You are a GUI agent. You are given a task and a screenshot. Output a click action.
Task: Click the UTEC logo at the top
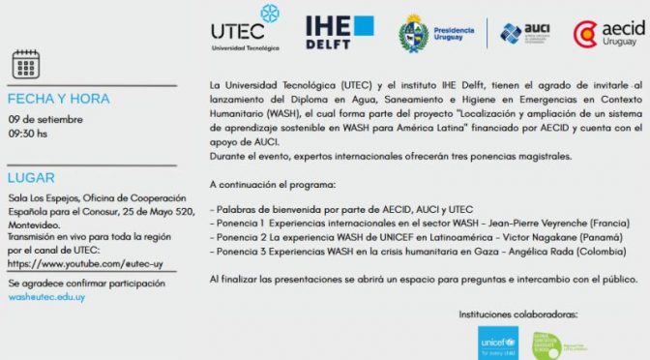click(x=245, y=28)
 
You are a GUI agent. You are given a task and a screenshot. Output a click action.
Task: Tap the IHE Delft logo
click(x=339, y=32)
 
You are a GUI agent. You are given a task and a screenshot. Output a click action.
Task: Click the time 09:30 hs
click(x=28, y=135)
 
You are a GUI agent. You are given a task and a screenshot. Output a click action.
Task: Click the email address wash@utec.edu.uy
click(x=46, y=297)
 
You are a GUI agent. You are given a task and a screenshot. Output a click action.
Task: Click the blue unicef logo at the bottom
click(x=498, y=342)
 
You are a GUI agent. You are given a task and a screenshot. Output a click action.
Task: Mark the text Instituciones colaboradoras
click(x=517, y=315)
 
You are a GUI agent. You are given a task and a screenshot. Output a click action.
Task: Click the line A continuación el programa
click(x=274, y=183)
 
